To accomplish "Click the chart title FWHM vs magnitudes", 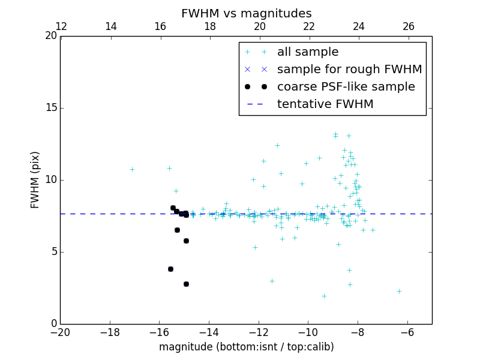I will click(x=246, y=13).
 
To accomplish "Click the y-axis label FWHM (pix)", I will click(x=35, y=179).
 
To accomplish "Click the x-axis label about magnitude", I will click(x=246, y=347).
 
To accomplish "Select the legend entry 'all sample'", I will click(x=307, y=52).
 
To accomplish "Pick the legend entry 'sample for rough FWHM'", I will click(x=349, y=70).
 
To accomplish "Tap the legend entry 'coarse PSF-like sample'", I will click(x=346, y=87).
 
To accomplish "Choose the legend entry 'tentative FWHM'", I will click(x=325, y=104).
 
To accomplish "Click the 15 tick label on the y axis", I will click(x=51, y=108).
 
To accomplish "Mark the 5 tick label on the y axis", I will click(x=54, y=252).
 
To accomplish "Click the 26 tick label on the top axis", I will click(x=408, y=26).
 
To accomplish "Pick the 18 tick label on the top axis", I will click(x=210, y=26).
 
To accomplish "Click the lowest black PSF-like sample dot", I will click(x=186, y=284).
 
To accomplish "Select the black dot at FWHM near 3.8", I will click(x=170, y=269).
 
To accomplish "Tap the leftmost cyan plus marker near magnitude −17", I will click(x=132, y=169).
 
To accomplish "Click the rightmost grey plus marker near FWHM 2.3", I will click(x=399, y=291).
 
